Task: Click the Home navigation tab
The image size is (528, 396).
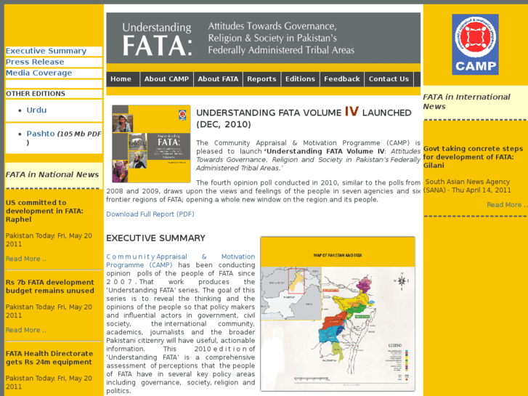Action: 121,79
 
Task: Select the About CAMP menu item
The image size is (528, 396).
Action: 166,79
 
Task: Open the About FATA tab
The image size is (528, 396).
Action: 218,79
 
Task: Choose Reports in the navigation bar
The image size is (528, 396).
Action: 261,79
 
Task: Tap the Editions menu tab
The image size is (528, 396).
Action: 300,79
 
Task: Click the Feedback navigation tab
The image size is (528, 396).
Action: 342,79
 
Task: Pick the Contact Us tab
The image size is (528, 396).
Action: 389,79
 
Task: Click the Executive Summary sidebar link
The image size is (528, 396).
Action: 46,51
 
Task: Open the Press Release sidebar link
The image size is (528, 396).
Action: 35,62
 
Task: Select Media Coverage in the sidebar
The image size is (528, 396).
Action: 39,73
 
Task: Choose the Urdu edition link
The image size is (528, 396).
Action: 36,110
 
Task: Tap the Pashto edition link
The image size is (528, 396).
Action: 41,134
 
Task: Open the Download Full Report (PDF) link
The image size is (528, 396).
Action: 150,214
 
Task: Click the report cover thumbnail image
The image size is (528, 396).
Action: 150,144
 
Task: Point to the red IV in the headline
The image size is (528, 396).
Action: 352,112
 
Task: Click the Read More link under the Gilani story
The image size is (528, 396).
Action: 504,205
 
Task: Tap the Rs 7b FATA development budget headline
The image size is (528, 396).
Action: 50,286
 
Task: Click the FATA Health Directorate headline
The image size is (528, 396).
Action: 49,357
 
